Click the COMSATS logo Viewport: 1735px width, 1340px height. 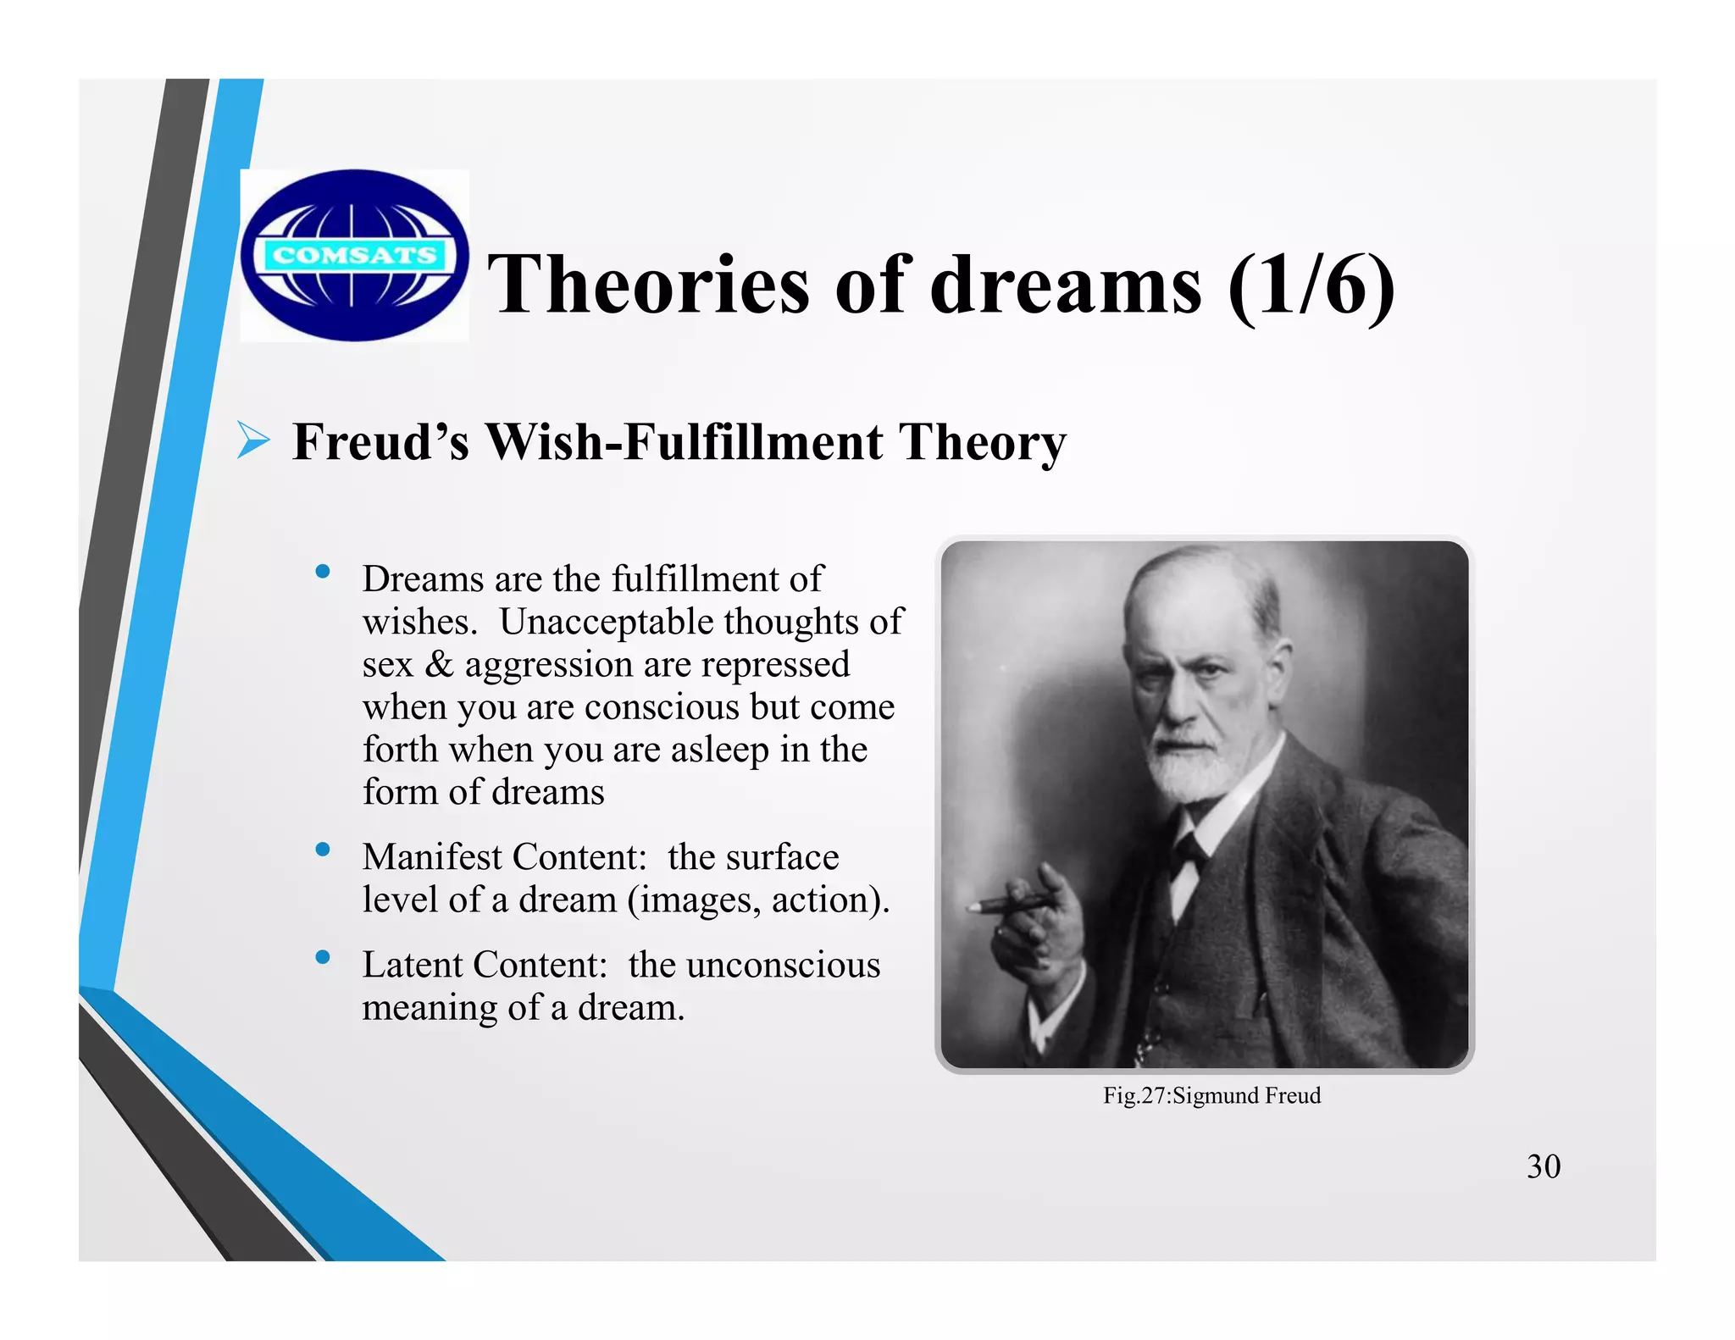tap(354, 256)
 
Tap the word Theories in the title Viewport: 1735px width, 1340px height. tap(648, 285)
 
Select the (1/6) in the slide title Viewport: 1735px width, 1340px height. tap(1311, 286)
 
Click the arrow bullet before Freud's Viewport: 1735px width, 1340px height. tap(252, 440)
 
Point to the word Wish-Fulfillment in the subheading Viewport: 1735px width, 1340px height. tap(683, 442)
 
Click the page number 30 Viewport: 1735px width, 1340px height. tap(1543, 1166)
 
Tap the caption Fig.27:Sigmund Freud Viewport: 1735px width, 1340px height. tap(1211, 1095)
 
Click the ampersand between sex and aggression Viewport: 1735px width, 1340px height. tap(439, 664)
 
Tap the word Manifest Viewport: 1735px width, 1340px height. tap(432, 856)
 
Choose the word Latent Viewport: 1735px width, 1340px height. tap(414, 965)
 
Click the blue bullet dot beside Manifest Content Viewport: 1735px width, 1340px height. tap(323, 850)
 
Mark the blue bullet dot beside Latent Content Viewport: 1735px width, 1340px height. tap(323, 958)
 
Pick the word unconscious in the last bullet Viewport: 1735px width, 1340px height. tap(783, 965)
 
